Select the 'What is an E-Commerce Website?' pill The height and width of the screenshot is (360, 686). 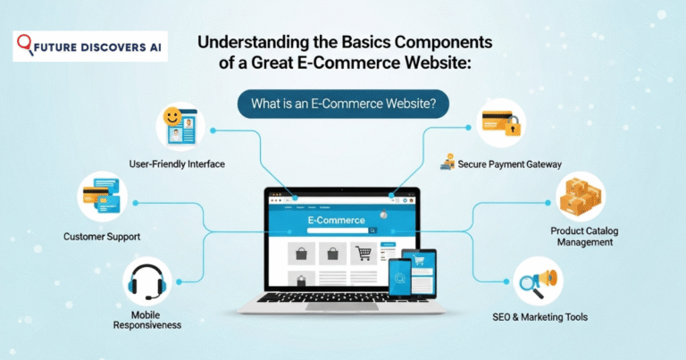click(343, 105)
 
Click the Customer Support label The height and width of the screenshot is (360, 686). click(102, 237)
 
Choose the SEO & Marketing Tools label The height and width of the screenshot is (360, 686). click(540, 317)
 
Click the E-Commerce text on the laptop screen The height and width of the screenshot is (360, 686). click(336, 220)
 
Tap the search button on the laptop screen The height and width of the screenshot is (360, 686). click(372, 230)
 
